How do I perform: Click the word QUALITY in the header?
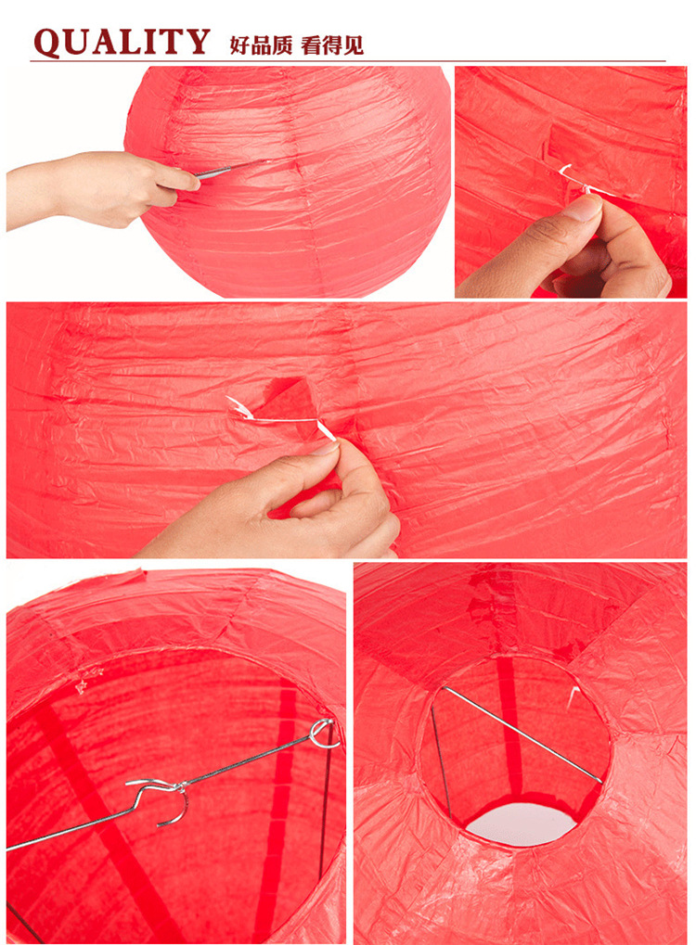122,42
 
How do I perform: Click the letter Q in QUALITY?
49,43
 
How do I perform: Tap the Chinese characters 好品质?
261,45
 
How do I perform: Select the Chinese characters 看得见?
332,45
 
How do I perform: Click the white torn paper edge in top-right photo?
571,178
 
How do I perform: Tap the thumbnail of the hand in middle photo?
326,449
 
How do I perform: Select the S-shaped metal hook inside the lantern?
160,798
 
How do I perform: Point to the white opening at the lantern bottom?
522,824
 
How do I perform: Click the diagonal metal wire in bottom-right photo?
522,734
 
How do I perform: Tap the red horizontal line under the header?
348,61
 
